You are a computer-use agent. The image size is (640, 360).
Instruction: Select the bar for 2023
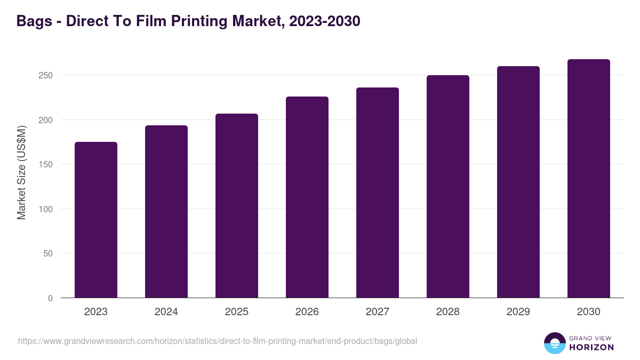pyautogui.click(x=96, y=220)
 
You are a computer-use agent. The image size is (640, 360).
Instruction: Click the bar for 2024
pyautogui.click(x=166, y=212)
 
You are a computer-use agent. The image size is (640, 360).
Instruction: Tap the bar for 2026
pyautogui.click(x=307, y=197)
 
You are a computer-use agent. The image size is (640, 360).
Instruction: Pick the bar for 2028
pyautogui.click(x=448, y=187)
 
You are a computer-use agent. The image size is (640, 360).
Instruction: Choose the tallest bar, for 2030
pyautogui.click(x=589, y=179)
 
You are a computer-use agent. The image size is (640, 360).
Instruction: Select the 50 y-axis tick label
pyautogui.click(x=48, y=253)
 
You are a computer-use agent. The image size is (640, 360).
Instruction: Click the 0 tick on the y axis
pyautogui.click(x=50, y=298)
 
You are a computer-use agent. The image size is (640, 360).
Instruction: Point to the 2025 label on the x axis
pyautogui.click(x=237, y=312)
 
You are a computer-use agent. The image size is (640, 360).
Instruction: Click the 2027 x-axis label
pyautogui.click(x=378, y=312)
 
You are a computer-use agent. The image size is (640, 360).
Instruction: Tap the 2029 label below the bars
pyautogui.click(x=518, y=312)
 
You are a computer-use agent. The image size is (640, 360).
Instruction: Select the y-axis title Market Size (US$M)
pyautogui.click(x=21, y=172)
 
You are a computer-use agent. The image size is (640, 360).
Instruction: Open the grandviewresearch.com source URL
pyautogui.click(x=218, y=341)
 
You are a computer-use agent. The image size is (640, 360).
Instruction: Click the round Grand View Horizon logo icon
pyautogui.click(x=554, y=343)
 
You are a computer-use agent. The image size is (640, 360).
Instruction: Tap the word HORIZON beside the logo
pyautogui.click(x=591, y=347)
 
